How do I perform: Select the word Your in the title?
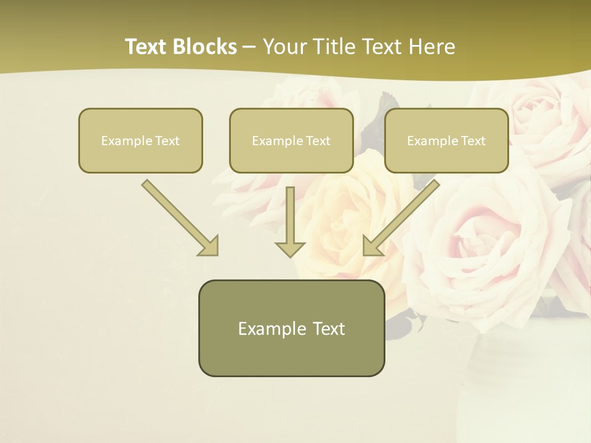click(x=284, y=47)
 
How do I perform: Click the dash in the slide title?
click(x=249, y=47)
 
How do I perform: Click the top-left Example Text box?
click(x=140, y=140)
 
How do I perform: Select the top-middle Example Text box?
click(x=291, y=140)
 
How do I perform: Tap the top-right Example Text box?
click(x=446, y=140)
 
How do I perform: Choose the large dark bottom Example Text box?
click(x=291, y=328)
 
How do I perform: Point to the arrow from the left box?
click(x=179, y=217)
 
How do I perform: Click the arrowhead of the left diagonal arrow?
click(x=209, y=246)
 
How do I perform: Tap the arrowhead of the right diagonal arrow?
click(x=372, y=246)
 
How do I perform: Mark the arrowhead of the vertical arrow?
click(x=290, y=249)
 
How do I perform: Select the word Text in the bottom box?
click(x=329, y=329)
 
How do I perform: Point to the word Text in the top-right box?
click(x=473, y=141)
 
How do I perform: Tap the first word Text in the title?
click(x=147, y=47)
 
